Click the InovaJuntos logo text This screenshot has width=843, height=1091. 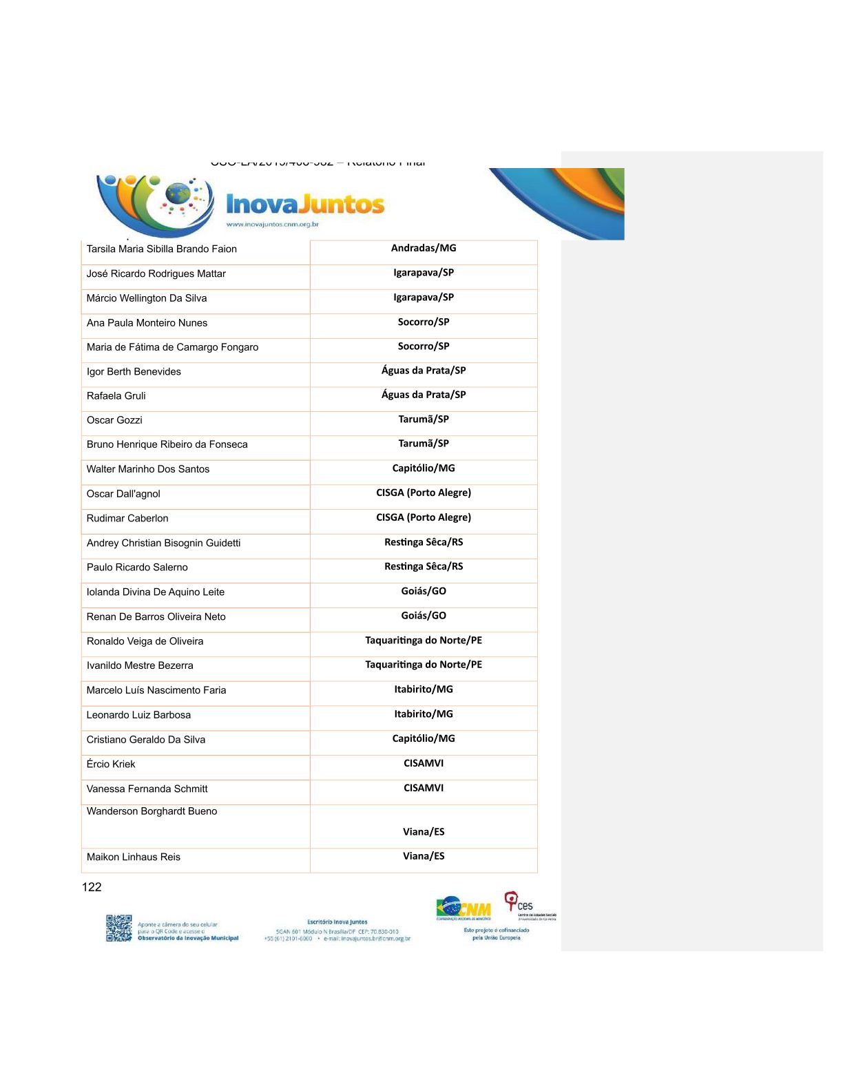click(305, 205)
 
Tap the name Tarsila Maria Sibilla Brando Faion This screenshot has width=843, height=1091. click(162, 249)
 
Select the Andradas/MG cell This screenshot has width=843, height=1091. click(424, 248)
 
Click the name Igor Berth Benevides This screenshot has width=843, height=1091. click(134, 372)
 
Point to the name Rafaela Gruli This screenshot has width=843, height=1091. click(116, 396)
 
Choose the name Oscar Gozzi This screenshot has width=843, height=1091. click(114, 420)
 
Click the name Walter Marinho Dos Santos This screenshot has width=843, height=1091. click(148, 469)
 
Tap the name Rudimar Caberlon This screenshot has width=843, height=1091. click(127, 519)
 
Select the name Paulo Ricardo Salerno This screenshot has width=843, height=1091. click(137, 568)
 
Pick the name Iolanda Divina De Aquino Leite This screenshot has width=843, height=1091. click(156, 592)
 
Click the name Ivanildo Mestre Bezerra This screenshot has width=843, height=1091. click(140, 666)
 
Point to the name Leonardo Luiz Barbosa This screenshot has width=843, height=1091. click(138, 715)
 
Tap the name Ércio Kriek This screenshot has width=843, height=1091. click(111, 765)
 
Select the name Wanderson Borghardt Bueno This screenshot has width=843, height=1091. click(152, 811)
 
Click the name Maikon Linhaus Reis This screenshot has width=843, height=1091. click(134, 858)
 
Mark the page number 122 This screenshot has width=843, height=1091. click(92, 887)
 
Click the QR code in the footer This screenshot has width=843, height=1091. click(119, 928)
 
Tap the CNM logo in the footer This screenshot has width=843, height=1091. click(464, 908)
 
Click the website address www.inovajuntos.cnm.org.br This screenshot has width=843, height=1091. click(273, 225)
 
